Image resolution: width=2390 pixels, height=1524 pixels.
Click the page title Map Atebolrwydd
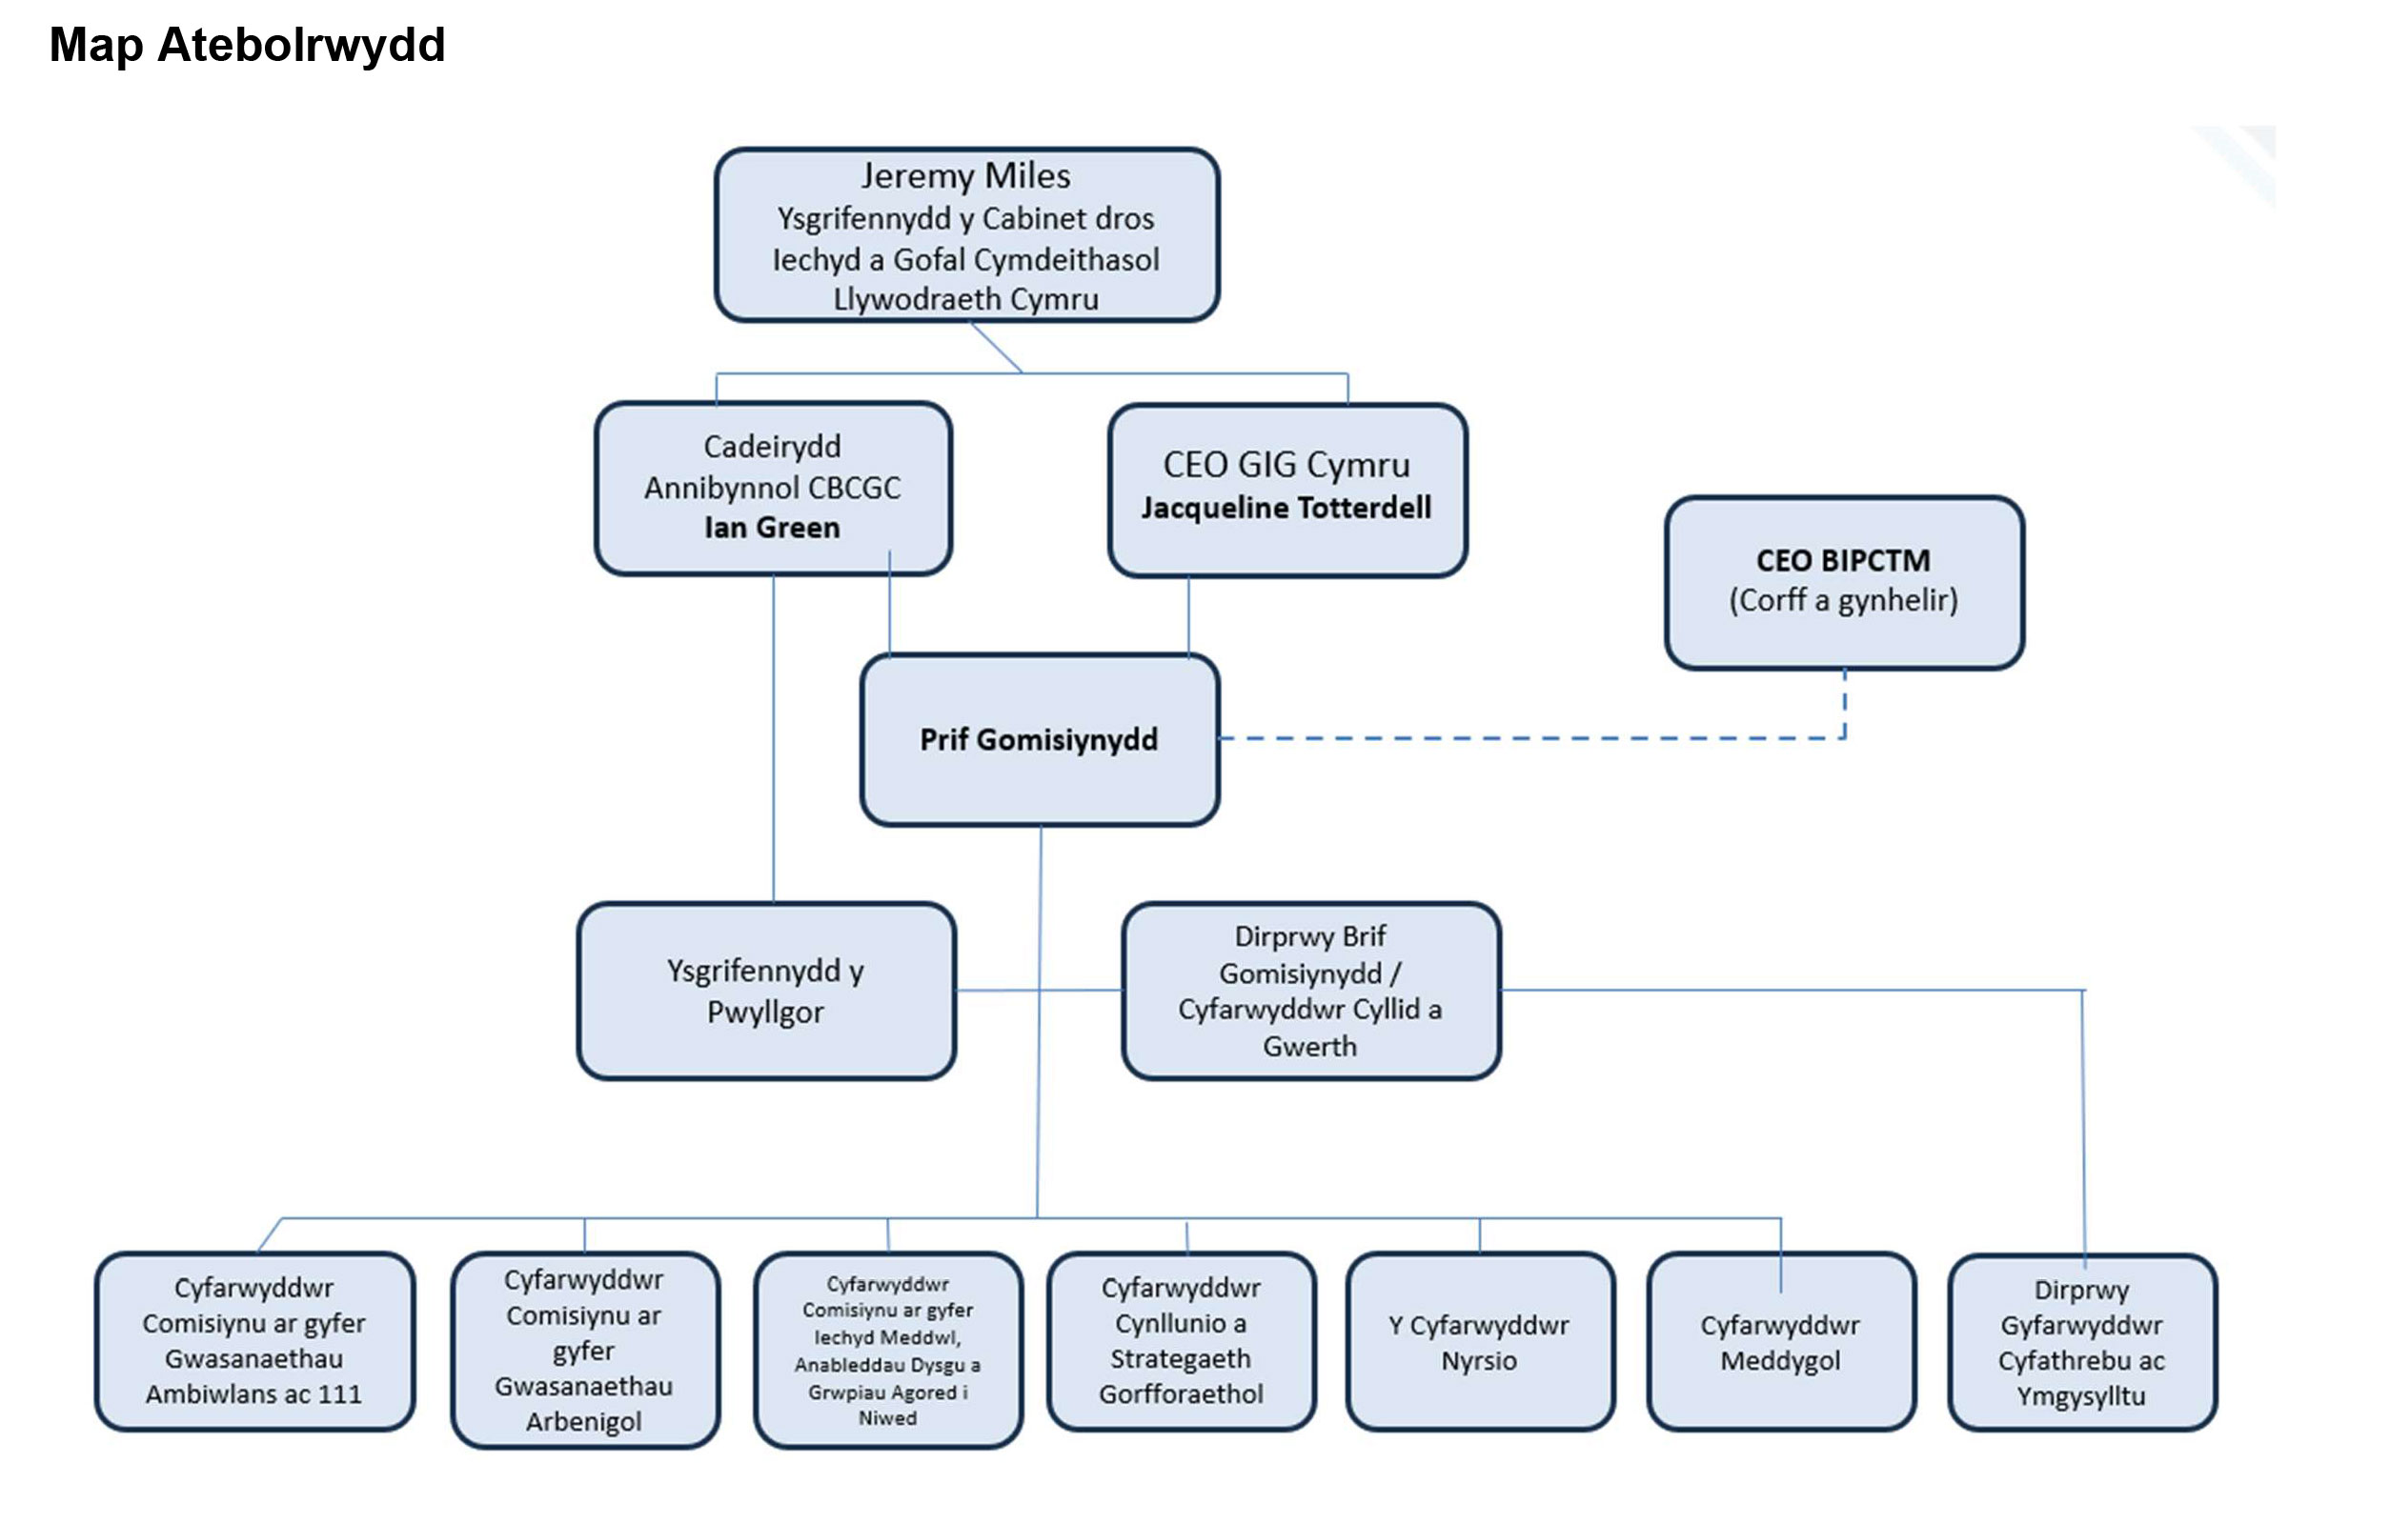(x=247, y=46)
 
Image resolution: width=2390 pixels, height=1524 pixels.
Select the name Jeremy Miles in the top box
(x=965, y=175)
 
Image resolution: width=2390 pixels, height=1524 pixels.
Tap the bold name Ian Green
(x=772, y=528)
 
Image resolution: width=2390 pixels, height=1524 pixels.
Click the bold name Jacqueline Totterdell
(x=1286, y=508)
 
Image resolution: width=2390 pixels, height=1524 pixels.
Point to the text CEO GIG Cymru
(x=1286, y=465)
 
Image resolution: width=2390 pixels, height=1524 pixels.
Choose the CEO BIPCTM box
(x=1844, y=582)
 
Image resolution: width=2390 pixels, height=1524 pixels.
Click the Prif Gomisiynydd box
(x=1039, y=740)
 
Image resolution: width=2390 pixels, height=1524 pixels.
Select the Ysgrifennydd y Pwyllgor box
(x=765, y=991)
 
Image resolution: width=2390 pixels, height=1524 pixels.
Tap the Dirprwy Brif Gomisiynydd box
(x=1310, y=991)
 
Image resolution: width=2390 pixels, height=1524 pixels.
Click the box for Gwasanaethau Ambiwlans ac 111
(x=254, y=1340)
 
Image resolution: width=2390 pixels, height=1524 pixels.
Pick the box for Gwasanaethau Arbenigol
(x=584, y=1351)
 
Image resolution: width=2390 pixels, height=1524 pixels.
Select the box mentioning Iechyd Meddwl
(x=887, y=1351)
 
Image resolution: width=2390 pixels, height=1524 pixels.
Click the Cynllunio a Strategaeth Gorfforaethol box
(x=1181, y=1340)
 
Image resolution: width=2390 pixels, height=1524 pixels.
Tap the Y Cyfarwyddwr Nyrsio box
(x=1479, y=1342)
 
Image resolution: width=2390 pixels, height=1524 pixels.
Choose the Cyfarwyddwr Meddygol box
(x=1781, y=1342)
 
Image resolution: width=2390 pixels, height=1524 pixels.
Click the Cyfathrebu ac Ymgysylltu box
(x=2081, y=1342)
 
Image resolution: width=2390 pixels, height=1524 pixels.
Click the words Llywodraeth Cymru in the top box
(x=965, y=300)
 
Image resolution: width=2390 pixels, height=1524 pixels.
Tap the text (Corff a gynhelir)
(x=1844, y=600)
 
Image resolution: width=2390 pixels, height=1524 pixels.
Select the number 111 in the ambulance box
(x=340, y=1394)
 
